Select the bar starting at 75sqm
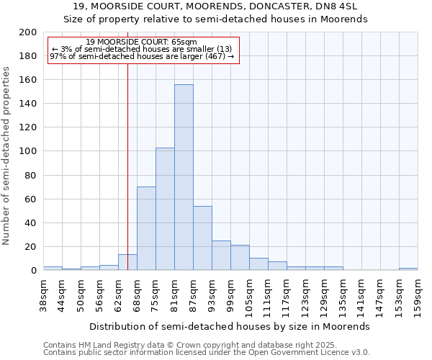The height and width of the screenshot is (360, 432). click(165, 209)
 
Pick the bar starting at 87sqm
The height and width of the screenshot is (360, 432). click(202, 238)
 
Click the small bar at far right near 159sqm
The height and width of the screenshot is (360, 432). click(408, 269)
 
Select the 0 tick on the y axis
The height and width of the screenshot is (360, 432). click(33, 271)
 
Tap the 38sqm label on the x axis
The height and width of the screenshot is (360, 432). click(44, 291)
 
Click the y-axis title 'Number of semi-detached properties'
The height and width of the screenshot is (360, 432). click(7, 156)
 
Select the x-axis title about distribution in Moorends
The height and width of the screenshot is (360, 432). click(230, 326)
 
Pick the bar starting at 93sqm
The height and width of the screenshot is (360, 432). click(221, 255)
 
